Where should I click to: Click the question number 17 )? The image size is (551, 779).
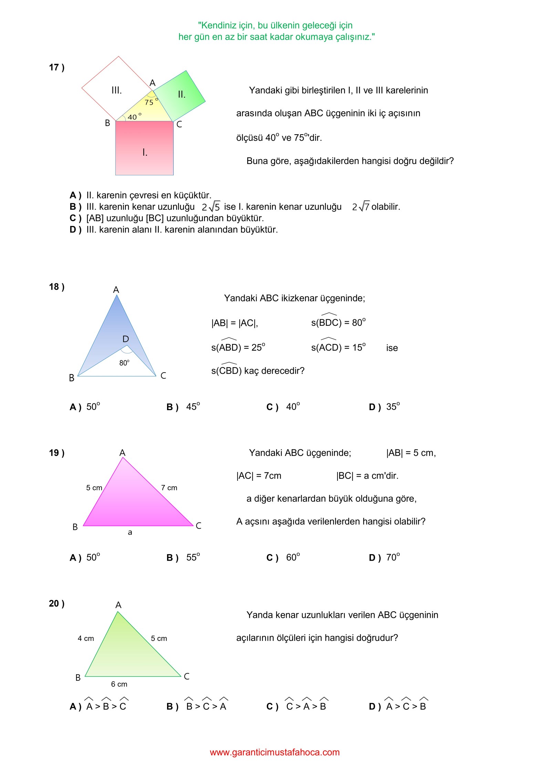point(56,67)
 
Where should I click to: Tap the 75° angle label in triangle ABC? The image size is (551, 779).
point(150,102)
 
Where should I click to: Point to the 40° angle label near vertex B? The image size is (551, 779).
point(134,117)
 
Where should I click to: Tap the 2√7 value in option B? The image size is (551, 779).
point(361,207)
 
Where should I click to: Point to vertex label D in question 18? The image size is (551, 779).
point(126,339)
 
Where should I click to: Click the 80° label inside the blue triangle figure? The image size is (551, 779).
point(124,363)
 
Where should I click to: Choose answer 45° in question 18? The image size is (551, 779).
point(193,407)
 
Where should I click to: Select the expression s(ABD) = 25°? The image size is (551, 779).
point(238,347)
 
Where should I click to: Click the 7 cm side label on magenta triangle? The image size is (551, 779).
point(169,488)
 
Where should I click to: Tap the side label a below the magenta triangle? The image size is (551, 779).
point(130,532)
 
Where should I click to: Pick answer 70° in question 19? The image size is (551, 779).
point(393,557)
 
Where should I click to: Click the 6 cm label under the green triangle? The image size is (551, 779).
point(119,684)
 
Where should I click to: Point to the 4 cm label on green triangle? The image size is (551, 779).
point(86,638)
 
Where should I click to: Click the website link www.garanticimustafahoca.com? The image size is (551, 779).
point(275,752)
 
